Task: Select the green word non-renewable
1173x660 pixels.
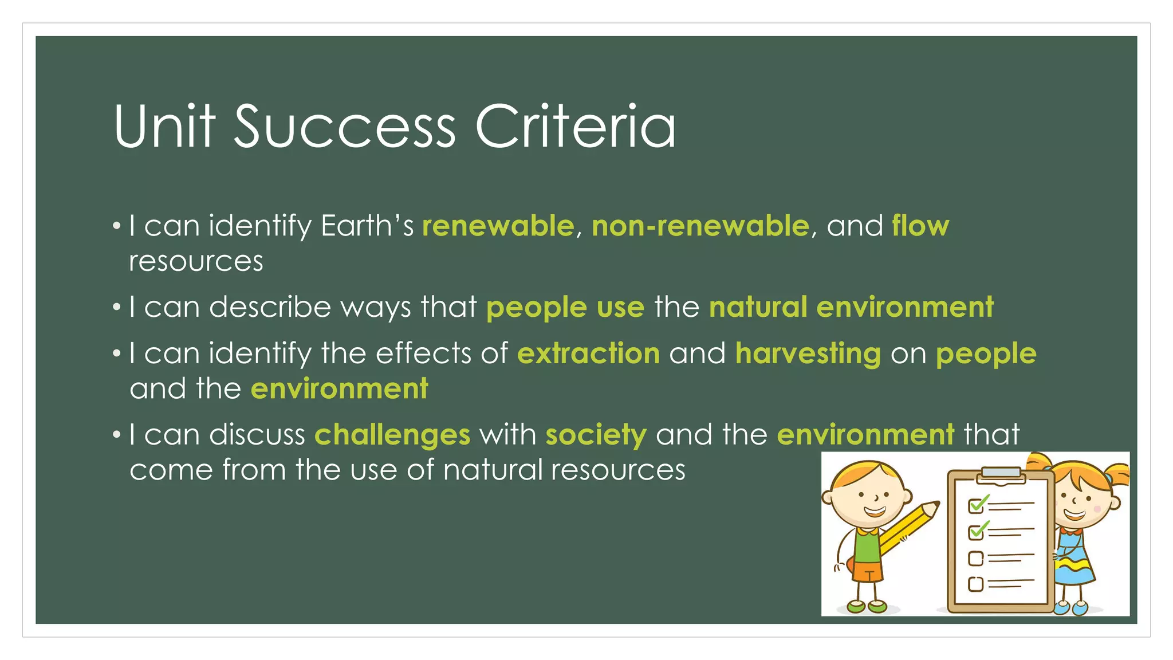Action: [x=700, y=226]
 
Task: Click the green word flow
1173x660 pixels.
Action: [x=920, y=226]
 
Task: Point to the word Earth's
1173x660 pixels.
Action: [x=367, y=226]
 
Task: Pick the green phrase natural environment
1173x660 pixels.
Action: [x=851, y=307]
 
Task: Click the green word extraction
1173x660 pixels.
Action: [x=588, y=353]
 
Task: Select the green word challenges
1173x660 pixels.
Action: [x=392, y=435]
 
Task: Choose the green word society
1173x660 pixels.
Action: [x=596, y=435]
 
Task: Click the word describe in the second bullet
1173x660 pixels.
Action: [x=270, y=307]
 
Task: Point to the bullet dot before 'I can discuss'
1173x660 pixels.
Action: [x=117, y=435]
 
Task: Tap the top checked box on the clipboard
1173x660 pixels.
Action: [x=975, y=506]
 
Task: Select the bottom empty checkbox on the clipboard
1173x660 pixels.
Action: [x=975, y=584]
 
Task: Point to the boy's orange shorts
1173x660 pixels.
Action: [x=867, y=570]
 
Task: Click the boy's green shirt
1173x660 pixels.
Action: [x=867, y=544]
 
